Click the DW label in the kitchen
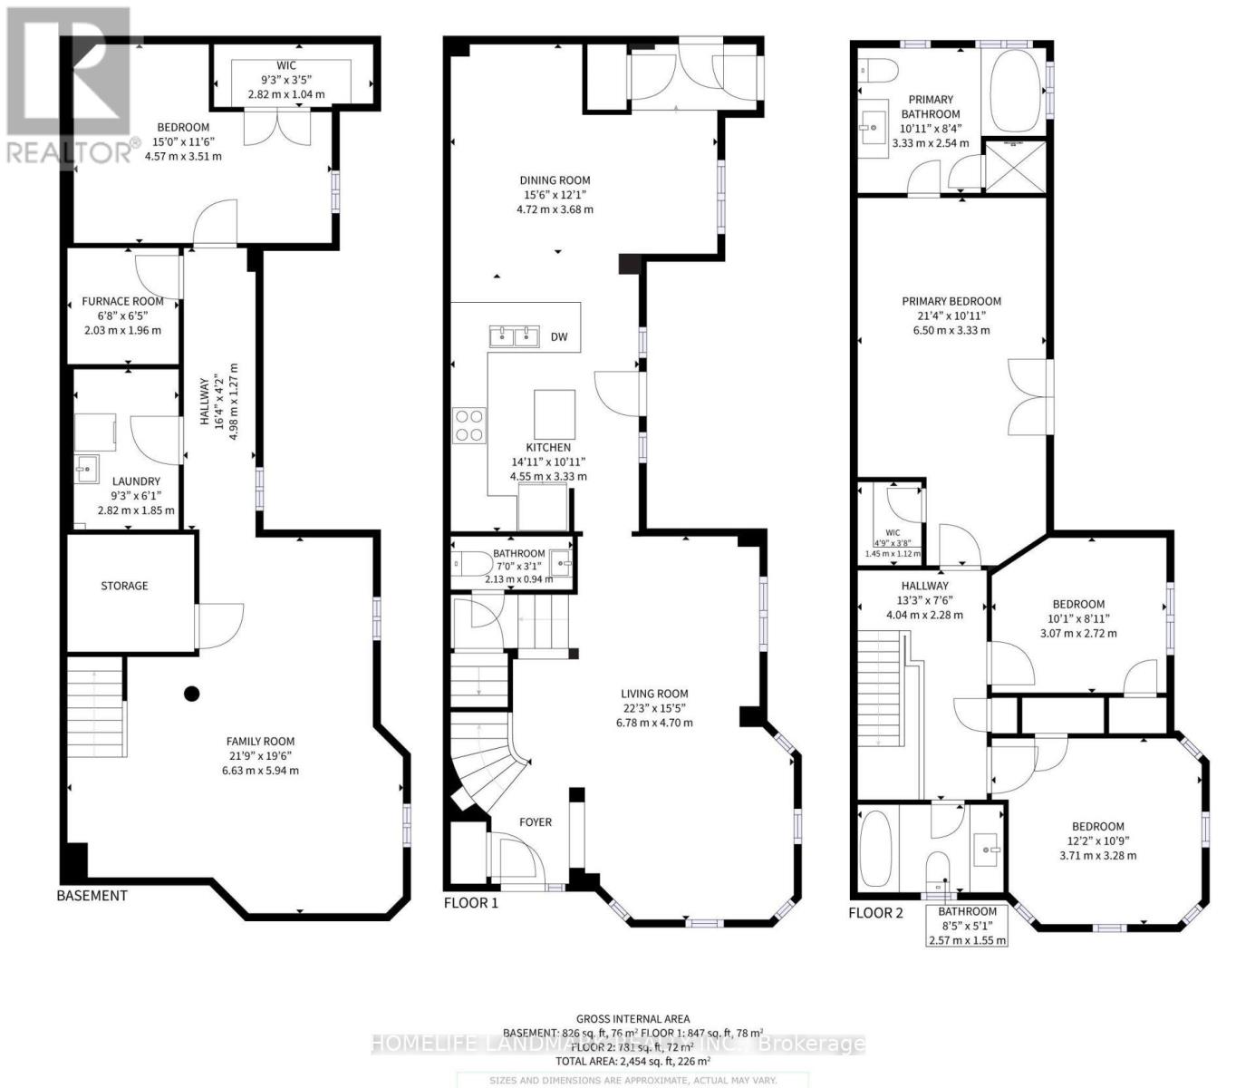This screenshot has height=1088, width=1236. [559, 337]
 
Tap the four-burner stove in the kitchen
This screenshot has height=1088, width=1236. [468, 425]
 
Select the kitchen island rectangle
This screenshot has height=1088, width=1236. [555, 413]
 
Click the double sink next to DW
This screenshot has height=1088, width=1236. [514, 337]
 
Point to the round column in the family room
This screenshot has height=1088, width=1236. [191, 695]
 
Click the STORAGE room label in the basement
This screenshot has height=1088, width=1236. [124, 586]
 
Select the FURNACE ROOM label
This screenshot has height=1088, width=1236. [122, 301]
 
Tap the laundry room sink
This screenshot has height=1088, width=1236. [86, 469]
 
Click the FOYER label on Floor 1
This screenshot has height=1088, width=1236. [536, 822]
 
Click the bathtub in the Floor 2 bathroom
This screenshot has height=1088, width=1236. [875, 848]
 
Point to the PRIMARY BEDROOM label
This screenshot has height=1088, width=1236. [951, 301]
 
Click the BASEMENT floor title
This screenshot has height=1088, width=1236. [92, 896]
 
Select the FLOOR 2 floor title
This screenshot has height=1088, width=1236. [875, 913]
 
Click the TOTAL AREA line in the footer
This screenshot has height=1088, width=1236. [632, 1060]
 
